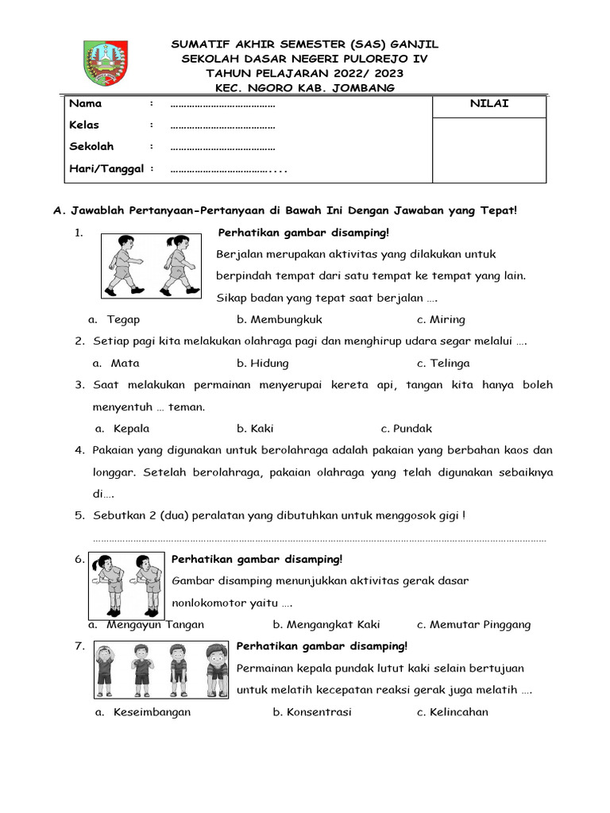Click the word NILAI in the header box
(x=489, y=104)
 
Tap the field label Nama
(x=85, y=104)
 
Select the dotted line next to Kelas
(x=222, y=125)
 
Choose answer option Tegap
(x=123, y=319)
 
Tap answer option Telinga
(x=450, y=363)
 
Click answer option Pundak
(x=413, y=428)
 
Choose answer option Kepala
(x=131, y=428)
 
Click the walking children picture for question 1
(x=151, y=265)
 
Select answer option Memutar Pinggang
(x=481, y=624)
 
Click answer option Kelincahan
(x=459, y=711)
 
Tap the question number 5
(x=79, y=515)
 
